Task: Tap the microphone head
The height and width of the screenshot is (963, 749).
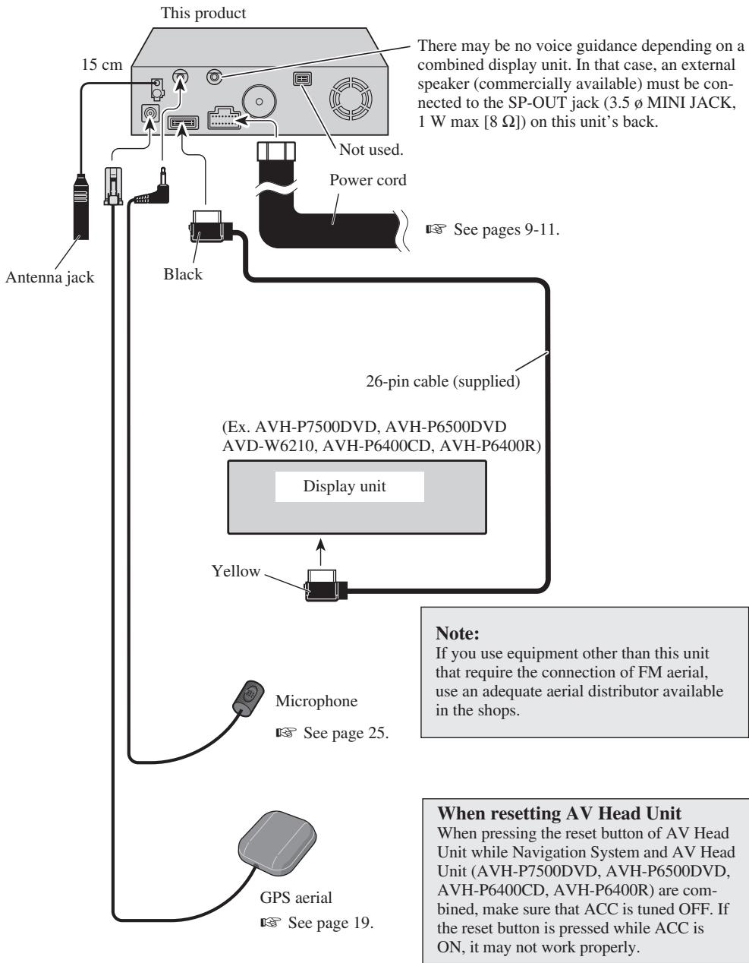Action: [x=249, y=696]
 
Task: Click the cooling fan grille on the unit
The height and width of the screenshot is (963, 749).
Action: [x=351, y=99]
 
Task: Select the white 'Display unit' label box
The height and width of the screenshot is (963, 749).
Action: [x=349, y=486]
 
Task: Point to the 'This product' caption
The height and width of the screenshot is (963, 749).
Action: [x=203, y=13]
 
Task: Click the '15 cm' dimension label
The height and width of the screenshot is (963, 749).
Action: [x=102, y=65]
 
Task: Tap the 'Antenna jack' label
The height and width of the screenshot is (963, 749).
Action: [x=50, y=277]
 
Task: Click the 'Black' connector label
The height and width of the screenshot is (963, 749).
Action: [x=183, y=274]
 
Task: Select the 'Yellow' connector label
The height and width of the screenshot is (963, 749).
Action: [x=236, y=571]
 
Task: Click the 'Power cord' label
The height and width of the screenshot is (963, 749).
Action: [x=368, y=180]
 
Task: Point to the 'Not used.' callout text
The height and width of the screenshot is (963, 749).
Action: [x=371, y=150]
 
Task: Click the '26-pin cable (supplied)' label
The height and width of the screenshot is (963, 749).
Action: [x=442, y=381]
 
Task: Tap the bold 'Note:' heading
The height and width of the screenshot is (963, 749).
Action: [x=458, y=633]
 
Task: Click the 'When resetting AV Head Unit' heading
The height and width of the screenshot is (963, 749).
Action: [x=559, y=813]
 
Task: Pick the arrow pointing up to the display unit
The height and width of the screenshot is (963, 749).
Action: [x=321, y=551]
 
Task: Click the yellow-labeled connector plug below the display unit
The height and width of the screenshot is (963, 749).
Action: [x=324, y=586]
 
